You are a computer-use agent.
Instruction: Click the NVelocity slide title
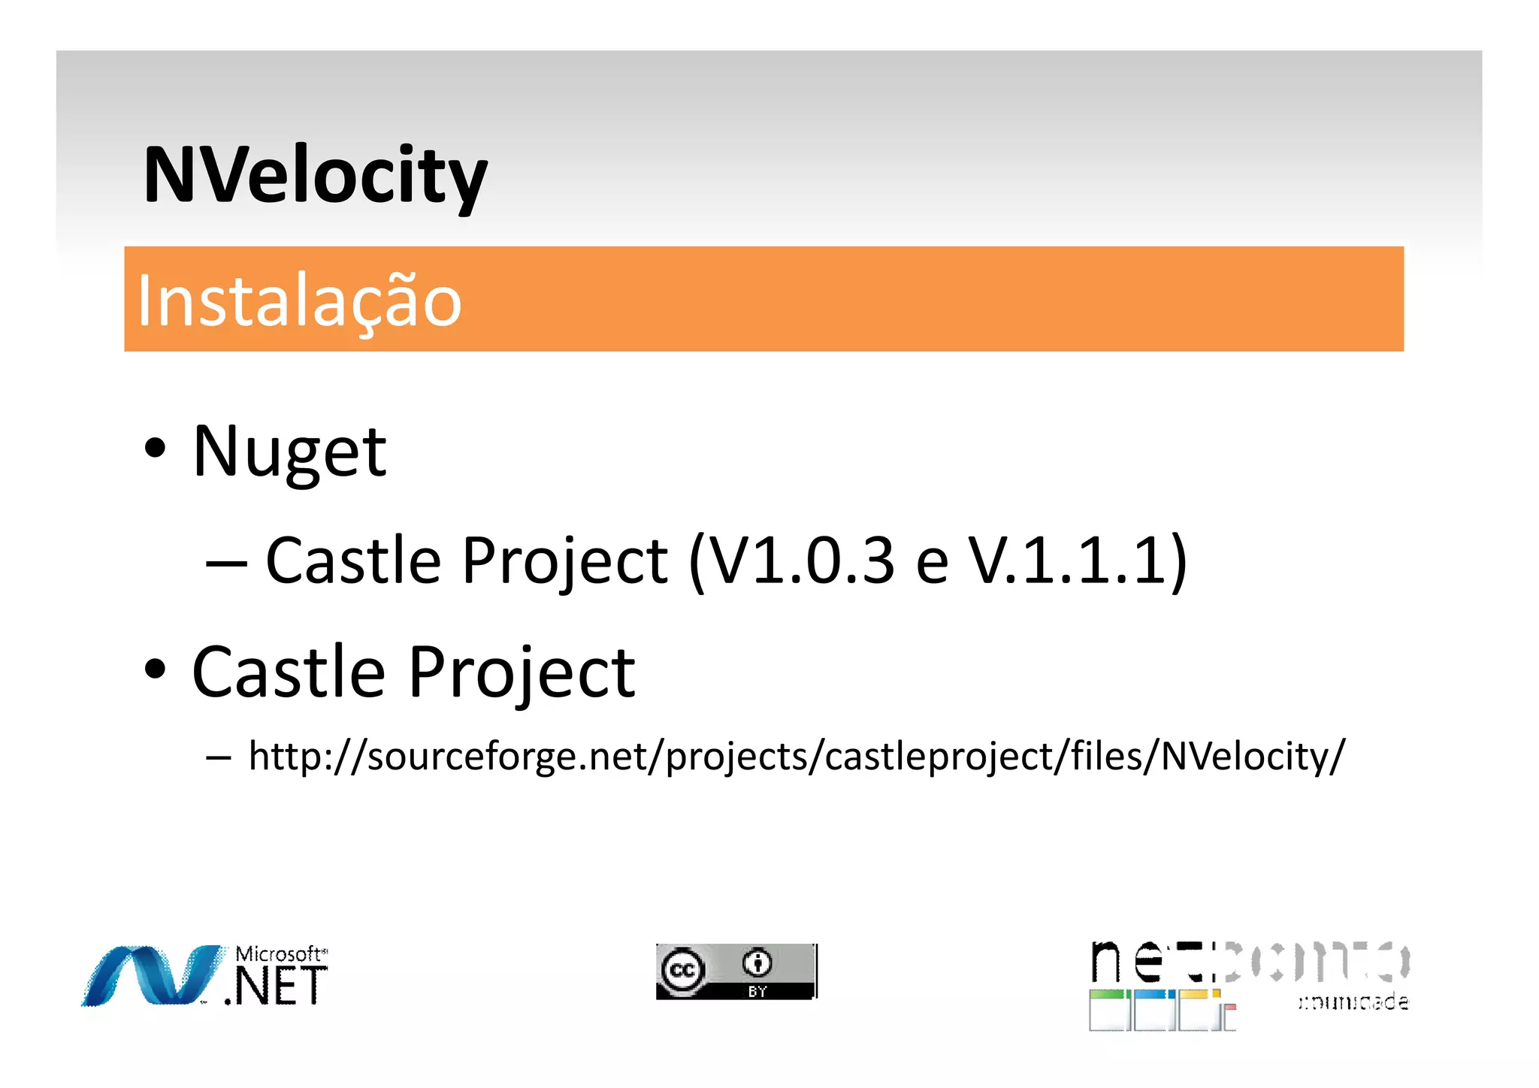316,176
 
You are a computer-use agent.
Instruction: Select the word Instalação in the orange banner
299,301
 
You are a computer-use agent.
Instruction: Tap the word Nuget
289,452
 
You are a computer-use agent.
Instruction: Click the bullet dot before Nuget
156,449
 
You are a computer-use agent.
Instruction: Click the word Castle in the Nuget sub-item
353,560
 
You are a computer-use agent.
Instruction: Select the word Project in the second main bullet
522,672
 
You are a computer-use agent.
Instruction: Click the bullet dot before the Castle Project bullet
156,669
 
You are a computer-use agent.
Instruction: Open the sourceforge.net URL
797,756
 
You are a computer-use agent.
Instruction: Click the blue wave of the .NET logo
150,975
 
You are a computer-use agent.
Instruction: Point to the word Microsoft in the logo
279,954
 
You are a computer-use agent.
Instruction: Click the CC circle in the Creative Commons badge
682,970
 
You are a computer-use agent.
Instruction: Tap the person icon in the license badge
757,962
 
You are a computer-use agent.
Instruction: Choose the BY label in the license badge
757,992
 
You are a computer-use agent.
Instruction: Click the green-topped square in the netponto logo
1108,1010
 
